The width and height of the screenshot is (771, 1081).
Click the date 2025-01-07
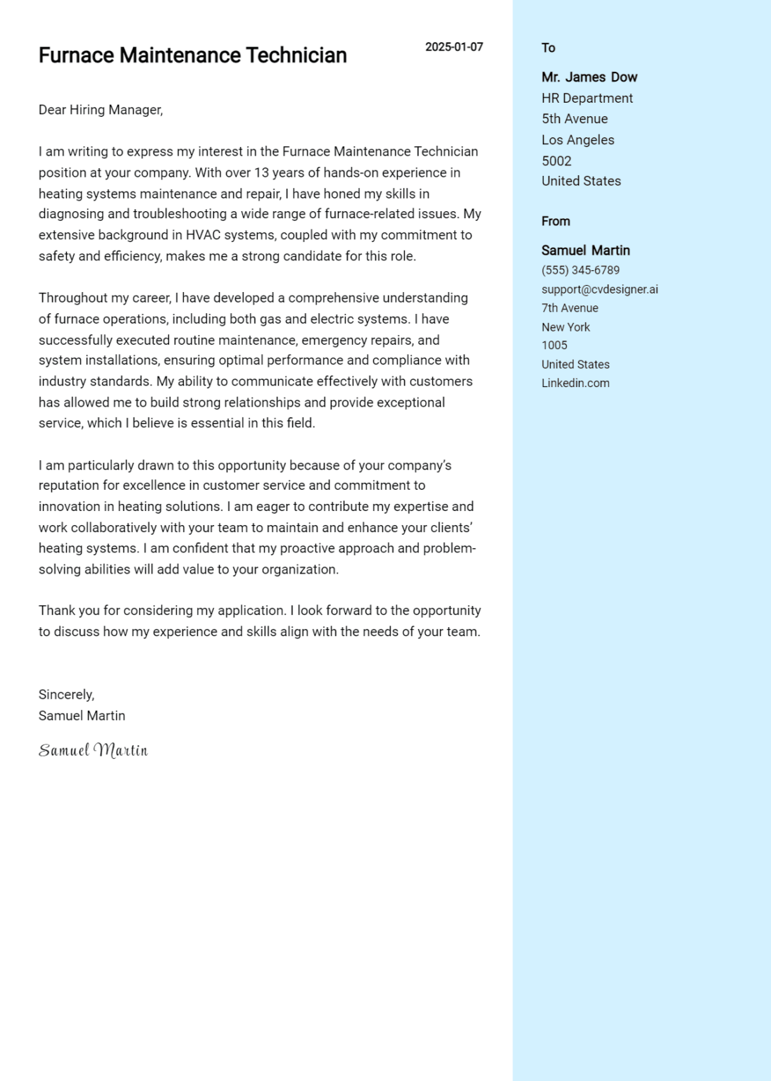coord(453,47)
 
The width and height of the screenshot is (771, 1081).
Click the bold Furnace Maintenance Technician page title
coord(192,56)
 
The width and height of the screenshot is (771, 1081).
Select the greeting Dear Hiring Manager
coord(101,110)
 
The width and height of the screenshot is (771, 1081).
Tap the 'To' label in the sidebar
coord(548,48)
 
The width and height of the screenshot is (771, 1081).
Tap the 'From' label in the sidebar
coord(556,221)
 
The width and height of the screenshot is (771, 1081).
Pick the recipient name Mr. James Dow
coord(589,77)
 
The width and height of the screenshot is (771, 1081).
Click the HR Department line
coord(587,99)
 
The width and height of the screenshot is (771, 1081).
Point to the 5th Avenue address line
coord(574,119)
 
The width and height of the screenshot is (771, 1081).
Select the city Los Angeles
coord(577,140)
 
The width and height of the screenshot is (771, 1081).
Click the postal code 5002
coord(556,161)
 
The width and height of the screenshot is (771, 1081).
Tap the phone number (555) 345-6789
coord(580,270)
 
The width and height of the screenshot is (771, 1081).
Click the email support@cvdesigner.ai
coord(599,289)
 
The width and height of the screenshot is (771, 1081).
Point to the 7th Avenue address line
coord(570,308)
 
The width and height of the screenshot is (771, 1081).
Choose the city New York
coord(565,327)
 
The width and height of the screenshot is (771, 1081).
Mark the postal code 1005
coord(554,346)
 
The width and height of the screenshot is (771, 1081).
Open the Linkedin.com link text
coord(575,384)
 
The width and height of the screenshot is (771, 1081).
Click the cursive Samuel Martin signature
coord(93,750)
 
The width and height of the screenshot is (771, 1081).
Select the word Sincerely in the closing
coord(65,695)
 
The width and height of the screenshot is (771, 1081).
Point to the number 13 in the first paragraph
coord(261,173)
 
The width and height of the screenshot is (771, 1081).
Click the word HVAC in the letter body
coord(203,235)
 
